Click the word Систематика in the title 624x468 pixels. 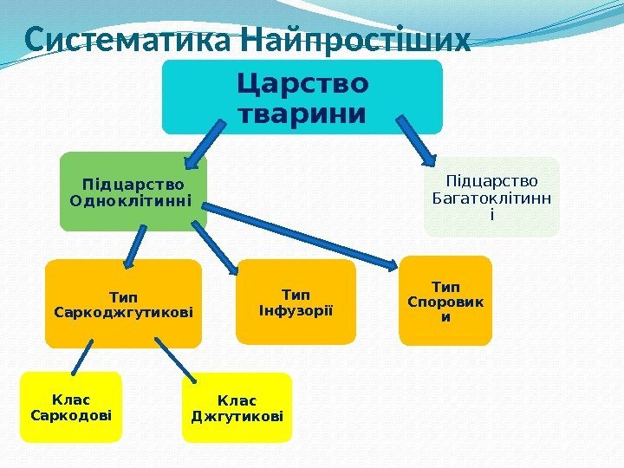pos(127,40)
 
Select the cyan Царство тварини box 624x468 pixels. pos(302,97)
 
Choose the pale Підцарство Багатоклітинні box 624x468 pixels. pos(491,197)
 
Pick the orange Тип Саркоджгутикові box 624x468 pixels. pos(123,303)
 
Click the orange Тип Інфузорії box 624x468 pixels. pos(296,302)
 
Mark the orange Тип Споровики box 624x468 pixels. pos(445,301)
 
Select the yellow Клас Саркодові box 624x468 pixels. pos(70,407)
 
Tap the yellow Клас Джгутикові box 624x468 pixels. pos(237,408)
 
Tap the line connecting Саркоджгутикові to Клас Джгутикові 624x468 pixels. pos(177,358)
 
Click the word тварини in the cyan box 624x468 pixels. pos(302,114)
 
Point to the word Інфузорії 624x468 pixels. pos(296,310)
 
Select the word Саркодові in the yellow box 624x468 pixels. pos(70,415)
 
